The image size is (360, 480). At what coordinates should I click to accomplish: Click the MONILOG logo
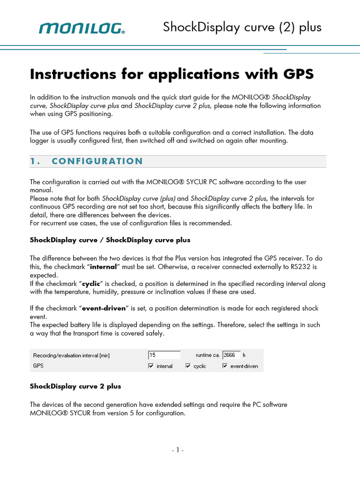82,29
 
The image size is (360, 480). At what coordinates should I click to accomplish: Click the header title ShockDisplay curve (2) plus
242,27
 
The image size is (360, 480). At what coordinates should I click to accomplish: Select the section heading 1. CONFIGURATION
86,161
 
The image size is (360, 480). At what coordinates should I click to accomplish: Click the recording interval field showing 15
164,355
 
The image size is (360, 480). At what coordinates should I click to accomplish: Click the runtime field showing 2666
231,355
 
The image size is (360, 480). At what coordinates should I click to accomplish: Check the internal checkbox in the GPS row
151,366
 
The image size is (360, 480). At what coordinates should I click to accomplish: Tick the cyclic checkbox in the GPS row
188,366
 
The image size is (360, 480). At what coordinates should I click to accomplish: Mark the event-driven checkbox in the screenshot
225,366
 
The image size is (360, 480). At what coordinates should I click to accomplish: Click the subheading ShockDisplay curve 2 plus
75,386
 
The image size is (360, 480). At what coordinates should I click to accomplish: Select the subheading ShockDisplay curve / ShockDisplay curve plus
110,240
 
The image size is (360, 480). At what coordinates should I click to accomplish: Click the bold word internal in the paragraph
111,267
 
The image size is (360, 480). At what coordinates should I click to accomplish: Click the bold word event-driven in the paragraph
107,308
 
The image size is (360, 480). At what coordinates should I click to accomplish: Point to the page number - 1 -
178,450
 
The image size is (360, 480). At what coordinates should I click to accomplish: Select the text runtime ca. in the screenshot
207,355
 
